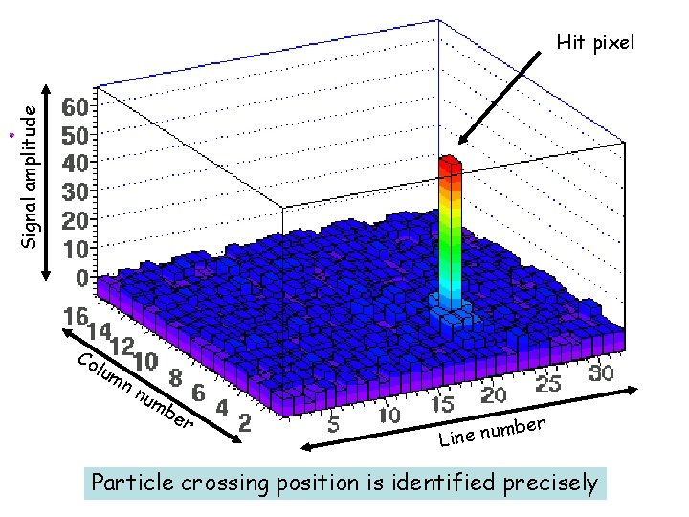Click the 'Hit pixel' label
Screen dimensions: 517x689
coord(595,43)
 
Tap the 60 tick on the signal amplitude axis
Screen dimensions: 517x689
coord(78,105)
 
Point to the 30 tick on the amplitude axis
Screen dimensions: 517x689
coord(78,191)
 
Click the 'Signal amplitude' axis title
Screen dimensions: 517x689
coord(31,176)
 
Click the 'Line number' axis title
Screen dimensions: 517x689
coord(492,432)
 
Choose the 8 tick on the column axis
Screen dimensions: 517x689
coord(174,378)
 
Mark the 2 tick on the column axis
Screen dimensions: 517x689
coord(243,422)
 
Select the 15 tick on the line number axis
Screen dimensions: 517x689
coord(442,406)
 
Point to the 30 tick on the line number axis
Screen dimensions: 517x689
coord(600,373)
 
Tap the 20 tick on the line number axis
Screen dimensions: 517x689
coord(494,394)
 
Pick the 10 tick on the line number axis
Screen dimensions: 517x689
coord(389,416)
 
